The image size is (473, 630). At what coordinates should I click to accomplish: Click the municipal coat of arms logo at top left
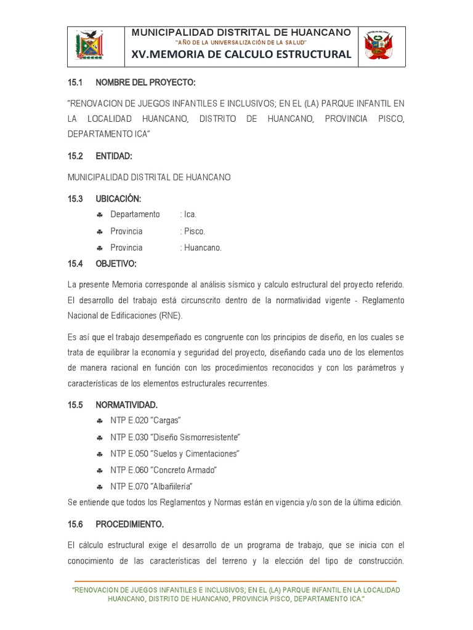pyautogui.click(x=90, y=46)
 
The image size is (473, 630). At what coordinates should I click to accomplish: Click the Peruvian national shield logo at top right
pyautogui.click(x=378, y=46)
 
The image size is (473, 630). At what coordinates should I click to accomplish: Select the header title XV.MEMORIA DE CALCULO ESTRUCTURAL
pyautogui.click(x=241, y=55)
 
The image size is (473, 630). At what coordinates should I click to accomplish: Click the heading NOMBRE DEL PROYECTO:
pyautogui.click(x=145, y=82)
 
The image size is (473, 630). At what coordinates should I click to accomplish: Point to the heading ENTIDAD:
pyautogui.click(x=114, y=156)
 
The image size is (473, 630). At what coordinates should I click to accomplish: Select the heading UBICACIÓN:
pyautogui.click(x=118, y=199)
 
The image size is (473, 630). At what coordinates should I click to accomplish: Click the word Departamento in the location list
pyautogui.click(x=135, y=214)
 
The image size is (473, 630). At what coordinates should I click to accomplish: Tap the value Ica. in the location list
pyautogui.click(x=188, y=214)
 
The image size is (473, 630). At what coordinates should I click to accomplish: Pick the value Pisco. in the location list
pyautogui.click(x=193, y=231)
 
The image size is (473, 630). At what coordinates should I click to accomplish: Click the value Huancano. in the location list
pyautogui.click(x=201, y=247)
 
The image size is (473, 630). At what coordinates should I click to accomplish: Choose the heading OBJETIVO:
pyautogui.click(x=116, y=263)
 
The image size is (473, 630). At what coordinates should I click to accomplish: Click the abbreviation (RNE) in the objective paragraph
pyautogui.click(x=171, y=316)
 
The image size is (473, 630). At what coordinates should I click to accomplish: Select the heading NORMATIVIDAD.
pyautogui.click(x=126, y=405)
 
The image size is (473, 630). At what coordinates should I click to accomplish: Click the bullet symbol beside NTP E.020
pyautogui.click(x=100, y=421)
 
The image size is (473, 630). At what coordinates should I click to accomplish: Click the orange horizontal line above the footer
pyautogui.click(x=235, y=581)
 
